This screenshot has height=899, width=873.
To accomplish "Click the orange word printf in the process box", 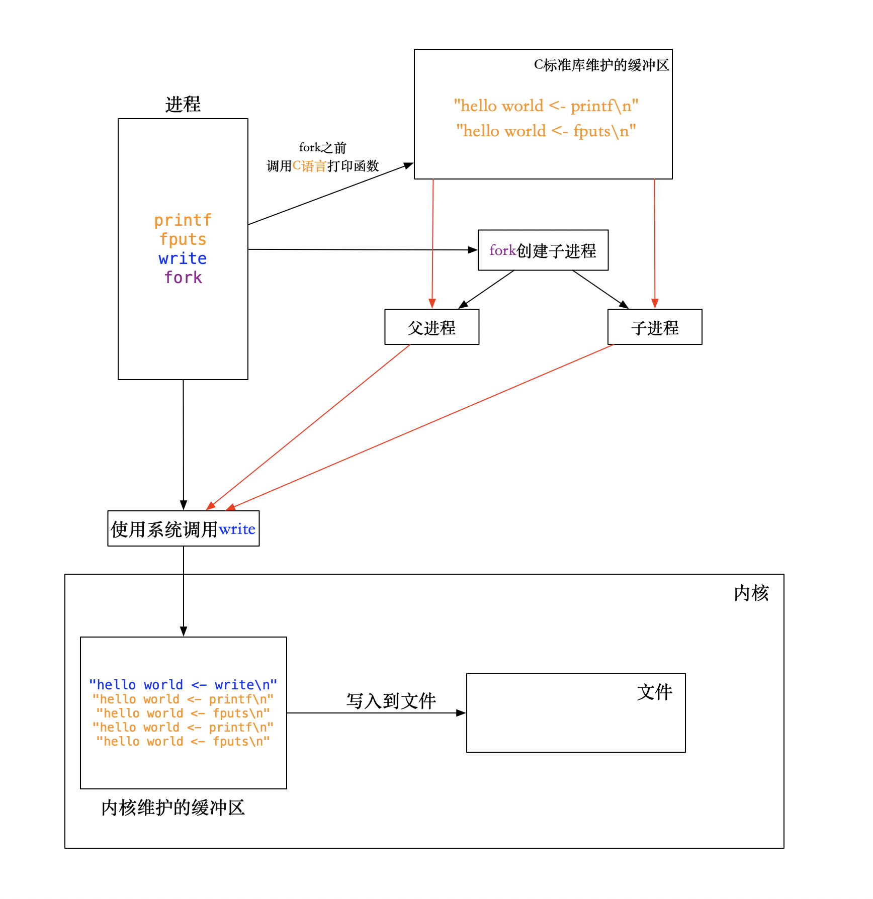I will point(183,220).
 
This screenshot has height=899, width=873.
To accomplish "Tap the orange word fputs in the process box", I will point(183,239).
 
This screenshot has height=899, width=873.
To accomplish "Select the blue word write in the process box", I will point(183,258).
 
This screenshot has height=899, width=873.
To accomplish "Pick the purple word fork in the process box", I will point(183,278).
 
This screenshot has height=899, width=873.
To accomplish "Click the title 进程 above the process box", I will point(183,105).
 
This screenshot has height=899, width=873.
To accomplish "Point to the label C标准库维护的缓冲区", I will point(601,65).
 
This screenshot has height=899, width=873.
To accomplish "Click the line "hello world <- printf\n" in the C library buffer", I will point(546,106).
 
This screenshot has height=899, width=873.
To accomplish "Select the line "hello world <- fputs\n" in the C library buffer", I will point(546,131).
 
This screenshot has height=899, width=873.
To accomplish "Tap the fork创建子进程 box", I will point(543,250).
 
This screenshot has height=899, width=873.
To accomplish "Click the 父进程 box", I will point(431,327).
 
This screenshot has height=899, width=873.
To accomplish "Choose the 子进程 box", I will point(654,327).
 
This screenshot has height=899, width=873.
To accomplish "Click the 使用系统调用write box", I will point(183,529).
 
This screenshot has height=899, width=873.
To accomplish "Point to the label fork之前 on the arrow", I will point(322,147).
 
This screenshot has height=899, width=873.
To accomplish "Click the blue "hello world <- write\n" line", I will point(183,685).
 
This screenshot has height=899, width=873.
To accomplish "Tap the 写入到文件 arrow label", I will point(391,700).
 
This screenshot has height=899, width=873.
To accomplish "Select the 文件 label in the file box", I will point(654,692).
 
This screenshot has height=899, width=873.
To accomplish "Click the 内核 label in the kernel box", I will point(751,593).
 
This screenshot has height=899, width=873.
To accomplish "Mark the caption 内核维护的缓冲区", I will point(172,808).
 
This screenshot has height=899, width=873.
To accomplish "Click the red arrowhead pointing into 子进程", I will point(655,304).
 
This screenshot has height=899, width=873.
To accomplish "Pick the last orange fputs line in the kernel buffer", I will point(183,742).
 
